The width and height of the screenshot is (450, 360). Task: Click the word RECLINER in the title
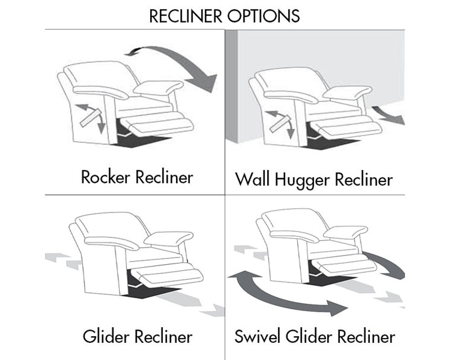click(186, 16)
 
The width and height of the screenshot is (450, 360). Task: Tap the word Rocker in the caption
click(105, 177)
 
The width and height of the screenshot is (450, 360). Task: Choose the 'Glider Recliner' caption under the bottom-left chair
click(137, 337)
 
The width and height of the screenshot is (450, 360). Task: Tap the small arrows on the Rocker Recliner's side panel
click(90, 116)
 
